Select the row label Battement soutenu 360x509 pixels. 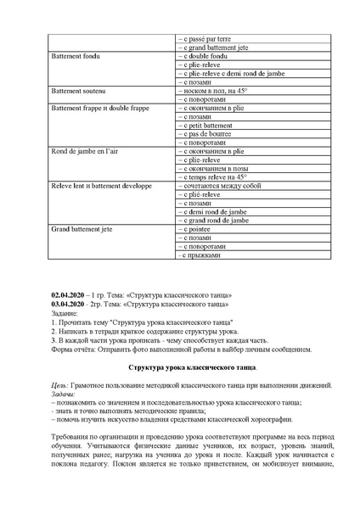[77, 90]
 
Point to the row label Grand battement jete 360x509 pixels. [82, 228]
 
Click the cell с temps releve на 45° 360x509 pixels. [212, 176]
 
